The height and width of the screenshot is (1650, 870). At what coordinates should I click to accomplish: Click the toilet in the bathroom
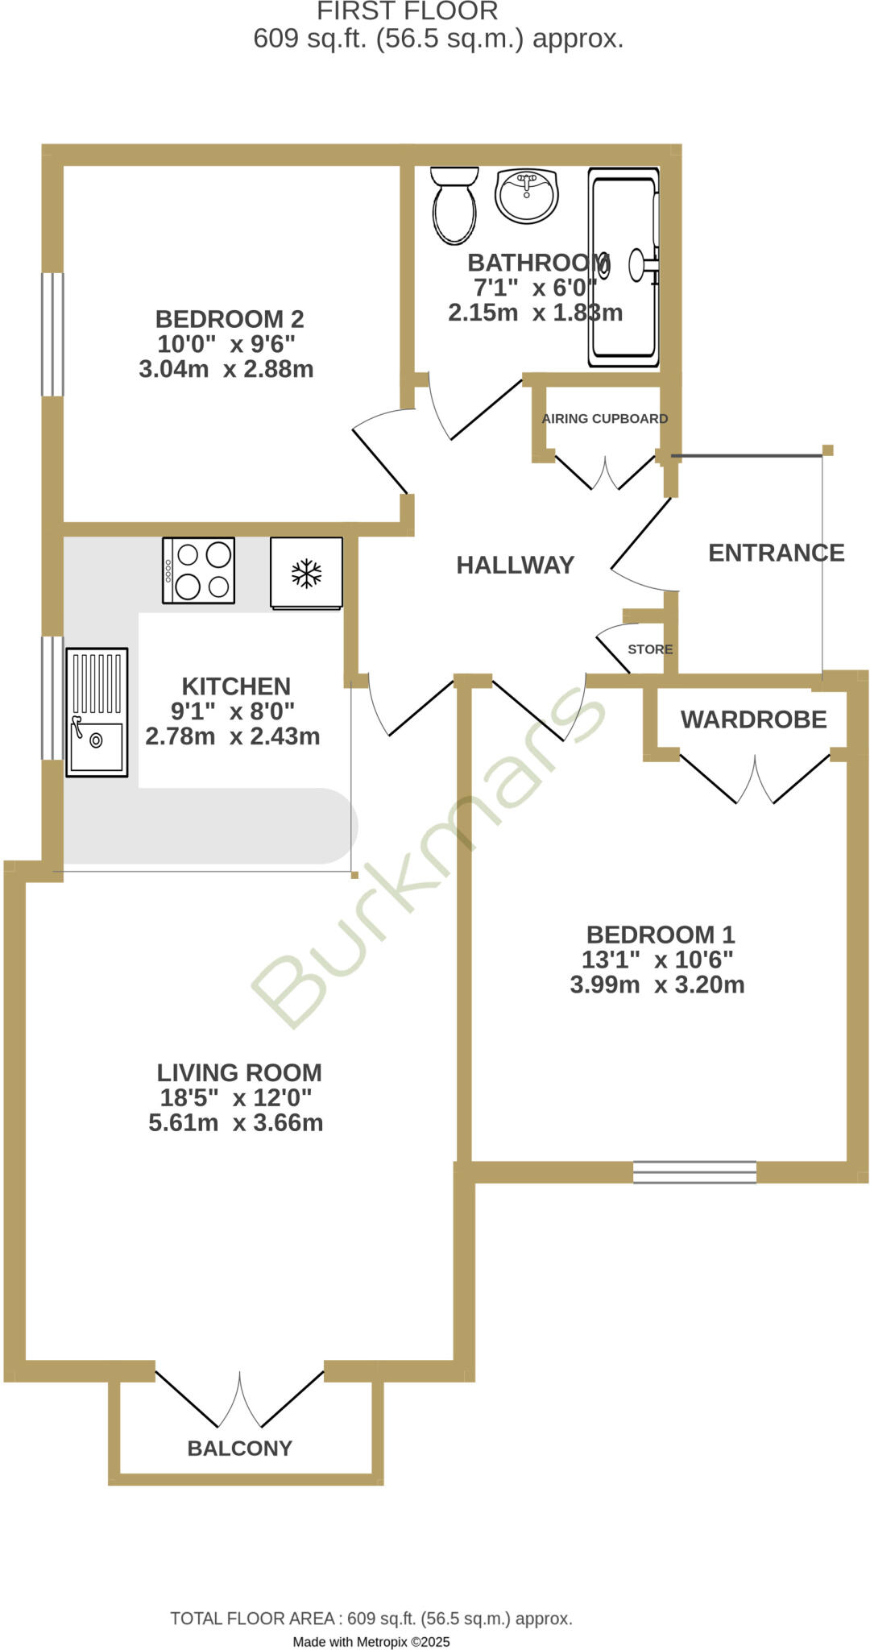454,206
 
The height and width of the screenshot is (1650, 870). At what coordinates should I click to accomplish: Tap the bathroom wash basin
526,195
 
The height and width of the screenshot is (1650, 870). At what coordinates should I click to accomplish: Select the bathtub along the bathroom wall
623,267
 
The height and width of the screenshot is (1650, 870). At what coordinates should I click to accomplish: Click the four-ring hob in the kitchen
199,570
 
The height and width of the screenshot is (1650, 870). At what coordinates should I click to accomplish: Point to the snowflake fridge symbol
306,573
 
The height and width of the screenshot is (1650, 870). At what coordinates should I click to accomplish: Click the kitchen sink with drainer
97,711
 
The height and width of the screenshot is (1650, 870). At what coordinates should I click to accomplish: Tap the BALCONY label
239,1448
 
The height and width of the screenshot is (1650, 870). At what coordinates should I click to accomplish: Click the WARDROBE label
753,719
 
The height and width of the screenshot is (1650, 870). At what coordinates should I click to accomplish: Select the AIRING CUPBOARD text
604,419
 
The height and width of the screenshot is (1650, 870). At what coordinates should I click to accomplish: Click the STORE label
650,649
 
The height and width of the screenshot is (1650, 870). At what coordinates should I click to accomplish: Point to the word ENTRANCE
776,553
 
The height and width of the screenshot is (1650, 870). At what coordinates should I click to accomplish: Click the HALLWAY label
515,565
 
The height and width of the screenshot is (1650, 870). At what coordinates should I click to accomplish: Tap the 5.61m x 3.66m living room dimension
235,1122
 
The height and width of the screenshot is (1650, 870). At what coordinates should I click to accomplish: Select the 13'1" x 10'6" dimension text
657,960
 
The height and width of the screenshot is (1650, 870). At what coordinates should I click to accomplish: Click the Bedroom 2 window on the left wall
52,334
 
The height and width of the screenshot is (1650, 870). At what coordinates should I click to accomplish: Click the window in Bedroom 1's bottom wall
694,1171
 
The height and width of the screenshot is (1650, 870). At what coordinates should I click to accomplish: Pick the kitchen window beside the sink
52,698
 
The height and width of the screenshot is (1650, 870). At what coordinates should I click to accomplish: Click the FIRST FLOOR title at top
407,11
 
